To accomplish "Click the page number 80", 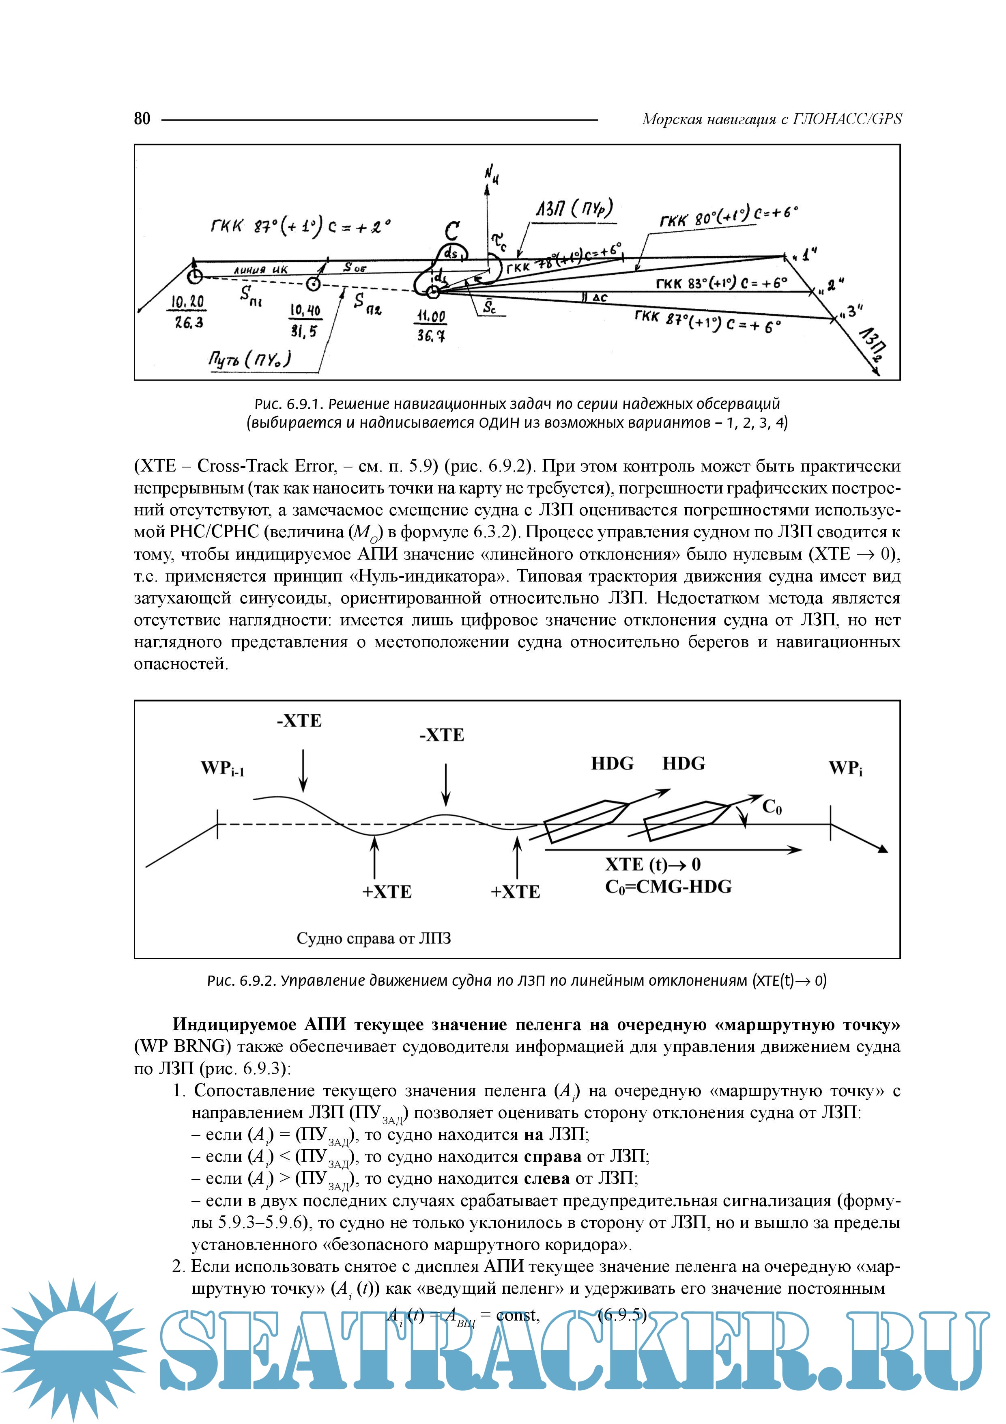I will click(x=142, y=118).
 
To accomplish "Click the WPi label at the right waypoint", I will click(x=845, y=769).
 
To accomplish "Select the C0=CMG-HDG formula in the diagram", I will click(x=668, y=887).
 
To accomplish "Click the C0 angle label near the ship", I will click(x=772, y=806).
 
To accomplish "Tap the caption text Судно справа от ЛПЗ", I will click(x=374, y=938).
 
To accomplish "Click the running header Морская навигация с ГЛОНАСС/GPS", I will click(x=772, y=118).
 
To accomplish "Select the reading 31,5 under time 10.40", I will click(x=304, y=332).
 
